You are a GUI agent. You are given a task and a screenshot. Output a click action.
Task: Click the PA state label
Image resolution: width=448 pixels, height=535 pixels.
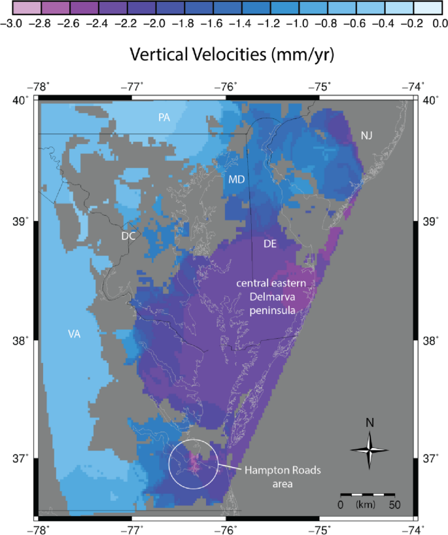[x=164, y=117]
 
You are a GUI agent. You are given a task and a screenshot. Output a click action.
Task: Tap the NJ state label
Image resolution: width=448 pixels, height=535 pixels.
[x=367, y=135]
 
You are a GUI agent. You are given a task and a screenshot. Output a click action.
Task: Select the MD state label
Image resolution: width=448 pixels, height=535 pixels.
[x=237, y=179]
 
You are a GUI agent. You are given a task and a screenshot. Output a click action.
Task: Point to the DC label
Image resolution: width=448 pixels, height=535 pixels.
[x=128, y=236]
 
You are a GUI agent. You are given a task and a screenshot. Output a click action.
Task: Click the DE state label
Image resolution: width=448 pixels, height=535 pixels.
[x=269, y=243]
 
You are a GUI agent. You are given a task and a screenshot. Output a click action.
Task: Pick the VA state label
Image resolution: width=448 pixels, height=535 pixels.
[x=74, y=334]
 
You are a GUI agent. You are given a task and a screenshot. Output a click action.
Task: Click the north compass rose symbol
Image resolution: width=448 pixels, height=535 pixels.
[x=370, y=449]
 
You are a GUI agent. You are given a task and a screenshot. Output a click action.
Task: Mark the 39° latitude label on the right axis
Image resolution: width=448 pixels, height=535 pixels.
[x=430, y=222]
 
